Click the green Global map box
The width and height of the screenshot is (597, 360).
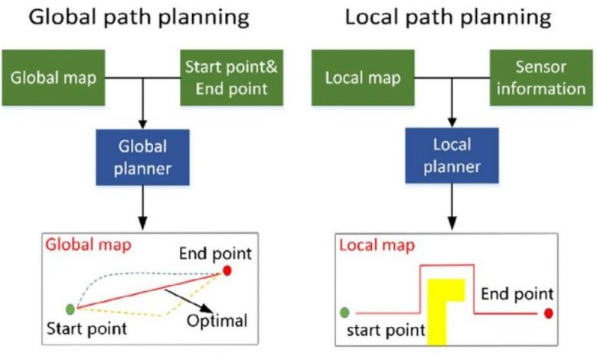pyautogui.click(x=54, y=77)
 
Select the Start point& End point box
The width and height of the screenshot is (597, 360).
pyautogui.click(x=231, y=77)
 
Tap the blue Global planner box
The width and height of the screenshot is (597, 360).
pyautogui.click(x=142, y=157)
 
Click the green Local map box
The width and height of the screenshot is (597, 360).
pyautogui.click(x=363, y=77)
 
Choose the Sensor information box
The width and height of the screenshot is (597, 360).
pyautogui.click(x=541, y=77)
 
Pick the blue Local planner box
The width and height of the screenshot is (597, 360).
pyautogui.click(x=452, y=155)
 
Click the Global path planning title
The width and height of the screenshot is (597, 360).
pyautogui.click(x=139, y=18)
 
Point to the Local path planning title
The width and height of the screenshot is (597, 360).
pyautogui.click(x=448, y=18)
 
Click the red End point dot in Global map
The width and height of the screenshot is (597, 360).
pyautogui.click(x=227, y=271)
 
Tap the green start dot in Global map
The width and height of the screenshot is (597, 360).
pyautogui.click(x=70, y=309)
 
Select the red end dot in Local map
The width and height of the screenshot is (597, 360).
pyautogui.click(x=548, y=313)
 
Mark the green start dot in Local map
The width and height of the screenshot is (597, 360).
pyautogui.click(x=344, y=313)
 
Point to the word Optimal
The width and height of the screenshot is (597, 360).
pyautogui.click(x=217, y=321)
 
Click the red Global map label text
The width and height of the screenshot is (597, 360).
pyautogui.click(x=88, y=244)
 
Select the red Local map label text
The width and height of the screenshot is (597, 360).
pyautogui.click(x=377, y=245)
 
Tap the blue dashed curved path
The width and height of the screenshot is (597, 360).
pyautogui.click(x=141, y=273)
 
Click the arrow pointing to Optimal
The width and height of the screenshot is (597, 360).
pyautogui.click(x=188, y=301)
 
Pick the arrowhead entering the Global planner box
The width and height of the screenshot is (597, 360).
pyautogui.click(x=142, y=124)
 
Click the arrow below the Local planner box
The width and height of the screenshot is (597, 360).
pyautogui.click(x=452, y=207)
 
